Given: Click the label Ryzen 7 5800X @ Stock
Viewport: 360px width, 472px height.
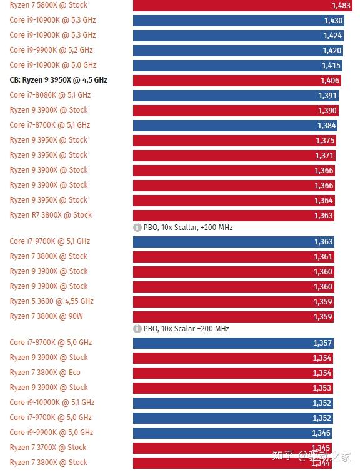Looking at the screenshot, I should tap(49, 5).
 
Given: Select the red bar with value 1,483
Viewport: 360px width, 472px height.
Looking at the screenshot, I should tap(237, 5).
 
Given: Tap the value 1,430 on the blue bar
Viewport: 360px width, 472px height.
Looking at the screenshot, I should tap(332, 21).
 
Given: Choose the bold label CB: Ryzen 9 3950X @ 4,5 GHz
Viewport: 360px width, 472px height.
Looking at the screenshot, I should tap(59, 80).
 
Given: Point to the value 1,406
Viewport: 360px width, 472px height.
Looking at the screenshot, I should tap(329, 81).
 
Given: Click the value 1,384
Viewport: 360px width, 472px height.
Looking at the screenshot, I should tap(327, 126).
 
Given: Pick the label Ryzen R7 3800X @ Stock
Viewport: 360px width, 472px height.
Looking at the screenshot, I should tap(51, 215).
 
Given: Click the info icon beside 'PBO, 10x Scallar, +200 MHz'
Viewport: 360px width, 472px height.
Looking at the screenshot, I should tap(137, 228).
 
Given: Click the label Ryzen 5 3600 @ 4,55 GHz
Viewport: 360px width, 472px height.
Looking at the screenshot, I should tap(52, 301).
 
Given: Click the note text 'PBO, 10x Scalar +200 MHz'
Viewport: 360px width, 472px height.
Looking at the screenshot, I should tap(186, 329).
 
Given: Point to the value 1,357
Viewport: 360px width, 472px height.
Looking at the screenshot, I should tap(322, 343).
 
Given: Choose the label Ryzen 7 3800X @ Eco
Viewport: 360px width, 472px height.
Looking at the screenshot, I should tap(45, 373).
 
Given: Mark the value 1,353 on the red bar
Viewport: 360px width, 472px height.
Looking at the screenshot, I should tap(322, 388).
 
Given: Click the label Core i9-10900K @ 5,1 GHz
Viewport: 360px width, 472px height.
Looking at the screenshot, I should tap(52, 403).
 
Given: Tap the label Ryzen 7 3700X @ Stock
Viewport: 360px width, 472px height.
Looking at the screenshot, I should tap(48, 448).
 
